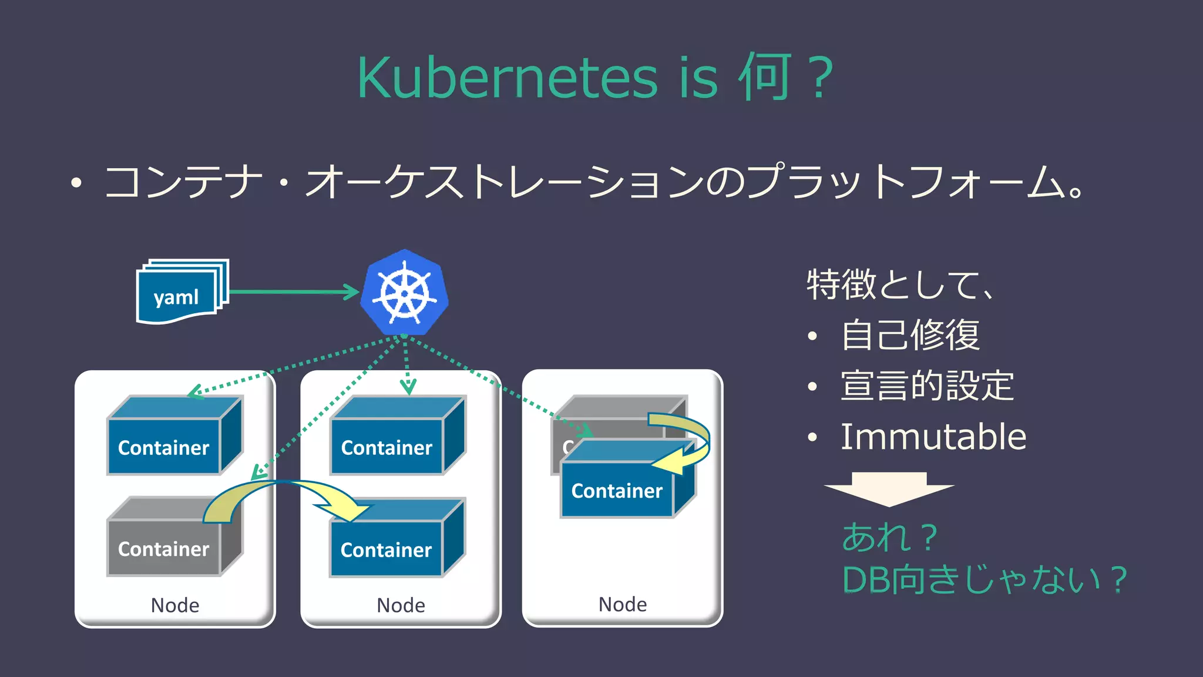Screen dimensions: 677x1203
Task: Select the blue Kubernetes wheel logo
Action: (x=404, y=292)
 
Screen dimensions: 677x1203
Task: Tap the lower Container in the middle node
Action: (x=386, y=549)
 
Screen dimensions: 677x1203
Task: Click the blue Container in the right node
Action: (x=617, y=490)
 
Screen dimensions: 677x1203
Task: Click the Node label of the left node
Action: (x=174, y=605)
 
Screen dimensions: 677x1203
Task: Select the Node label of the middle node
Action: (x=401, y=605)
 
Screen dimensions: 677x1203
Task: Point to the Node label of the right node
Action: (x=622, y=604)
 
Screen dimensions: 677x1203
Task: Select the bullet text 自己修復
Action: (x=910, y=335)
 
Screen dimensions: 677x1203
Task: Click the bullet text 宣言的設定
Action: (x=927, y=386)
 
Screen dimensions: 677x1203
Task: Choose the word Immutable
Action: (x=933, y=437)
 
